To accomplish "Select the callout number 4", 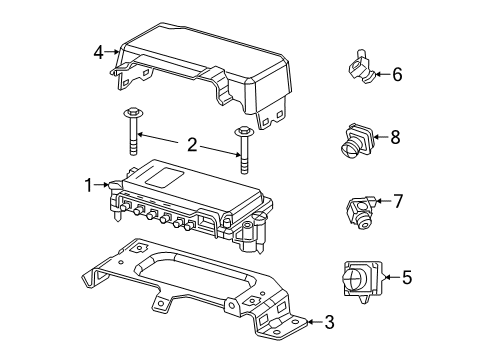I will pos(98,51).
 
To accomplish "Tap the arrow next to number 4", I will pos(115,50).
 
